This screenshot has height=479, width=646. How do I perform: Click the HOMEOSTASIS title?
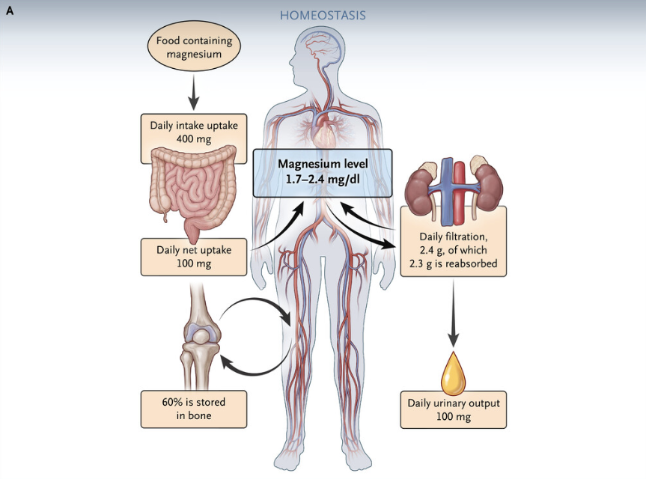tap(323, 15)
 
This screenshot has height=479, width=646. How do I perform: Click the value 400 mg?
tap(194, 140)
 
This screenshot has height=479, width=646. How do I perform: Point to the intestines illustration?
tap(194, 187)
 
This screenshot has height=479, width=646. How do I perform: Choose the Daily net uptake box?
tap(194, 256)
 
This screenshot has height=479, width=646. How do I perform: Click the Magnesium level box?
tap(323, 172)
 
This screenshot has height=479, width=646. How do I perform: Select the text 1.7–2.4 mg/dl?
tap(323, 180)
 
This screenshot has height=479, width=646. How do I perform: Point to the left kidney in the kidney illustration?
tap(423, 184)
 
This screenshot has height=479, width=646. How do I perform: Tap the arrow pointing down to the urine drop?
tap(453, 318)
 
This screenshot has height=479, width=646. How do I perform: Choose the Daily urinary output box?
tap(453, 409)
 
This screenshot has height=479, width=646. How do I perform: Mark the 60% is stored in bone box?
tap(194, 409)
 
